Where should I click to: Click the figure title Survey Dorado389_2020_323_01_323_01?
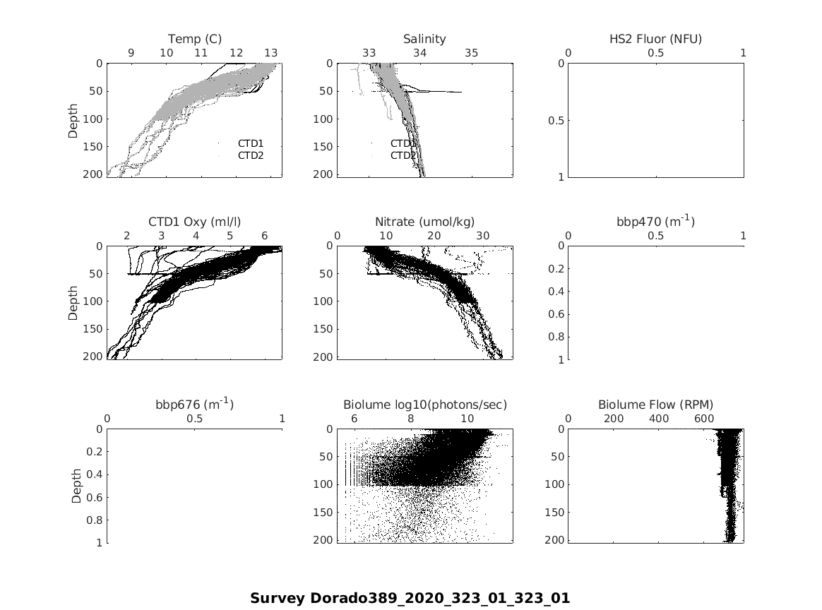[410, 598]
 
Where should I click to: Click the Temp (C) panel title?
[195, 39]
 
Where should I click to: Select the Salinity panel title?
[424, 39]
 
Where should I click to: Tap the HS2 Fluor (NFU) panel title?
[655, 39]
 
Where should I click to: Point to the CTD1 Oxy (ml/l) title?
[195, 222]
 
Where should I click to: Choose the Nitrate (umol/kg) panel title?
[424, 222]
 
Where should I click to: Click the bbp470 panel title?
[655, 222]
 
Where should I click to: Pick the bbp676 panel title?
[195, 405]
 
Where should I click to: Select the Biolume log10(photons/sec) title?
[424, 405]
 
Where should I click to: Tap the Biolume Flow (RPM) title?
[655, 405]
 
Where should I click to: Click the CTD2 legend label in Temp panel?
[251, 155]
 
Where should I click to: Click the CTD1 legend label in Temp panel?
[251, 143]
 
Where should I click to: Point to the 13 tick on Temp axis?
[270, 53]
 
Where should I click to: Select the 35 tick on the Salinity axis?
[472, 53]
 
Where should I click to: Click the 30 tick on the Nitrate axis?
[483, 236]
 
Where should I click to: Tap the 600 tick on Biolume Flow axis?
[704, 419]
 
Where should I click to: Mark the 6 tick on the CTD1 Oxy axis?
[264, 236]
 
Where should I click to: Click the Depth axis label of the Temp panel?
[73, 119]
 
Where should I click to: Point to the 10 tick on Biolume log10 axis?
[467, 419]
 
